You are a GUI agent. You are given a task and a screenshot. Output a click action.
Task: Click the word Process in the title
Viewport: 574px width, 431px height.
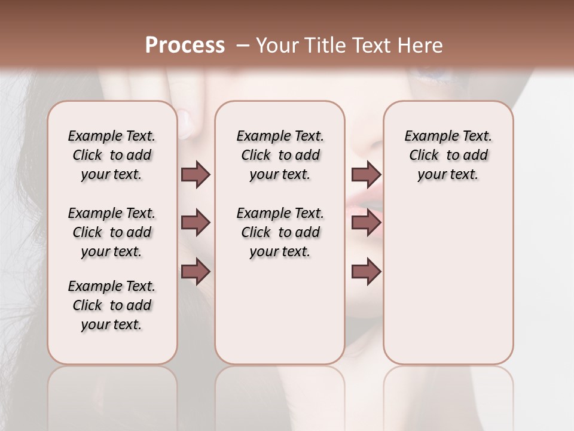tap(185, 45)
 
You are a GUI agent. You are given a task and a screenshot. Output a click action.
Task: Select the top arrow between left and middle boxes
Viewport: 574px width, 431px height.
tap(196, 174)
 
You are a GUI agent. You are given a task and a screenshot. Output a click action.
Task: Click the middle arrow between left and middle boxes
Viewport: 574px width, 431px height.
tap(196, 223)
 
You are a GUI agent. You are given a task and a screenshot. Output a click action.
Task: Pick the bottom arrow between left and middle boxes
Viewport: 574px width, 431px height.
tap(196, 272)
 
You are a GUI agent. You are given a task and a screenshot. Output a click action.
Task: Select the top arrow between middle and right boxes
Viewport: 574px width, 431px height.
tap(366, 174)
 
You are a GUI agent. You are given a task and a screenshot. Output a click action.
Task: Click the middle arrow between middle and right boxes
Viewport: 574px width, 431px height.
tap(366, 223)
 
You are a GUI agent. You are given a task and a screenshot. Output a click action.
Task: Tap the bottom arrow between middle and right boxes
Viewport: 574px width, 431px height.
tap(366, 272)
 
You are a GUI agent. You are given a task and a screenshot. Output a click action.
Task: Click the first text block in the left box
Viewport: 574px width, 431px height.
tap(112, 155)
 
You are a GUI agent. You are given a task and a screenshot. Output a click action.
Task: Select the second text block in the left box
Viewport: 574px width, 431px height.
tap(112, 232)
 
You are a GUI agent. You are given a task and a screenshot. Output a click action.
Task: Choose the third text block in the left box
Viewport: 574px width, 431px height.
tap(112, 305)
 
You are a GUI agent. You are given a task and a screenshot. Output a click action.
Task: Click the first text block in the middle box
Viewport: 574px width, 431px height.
tap(280, 155)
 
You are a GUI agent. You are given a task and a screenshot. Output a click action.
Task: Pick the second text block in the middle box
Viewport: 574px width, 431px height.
tap(280, 232)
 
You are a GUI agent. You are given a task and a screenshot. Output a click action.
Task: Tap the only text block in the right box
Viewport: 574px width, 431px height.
tap(448, 155)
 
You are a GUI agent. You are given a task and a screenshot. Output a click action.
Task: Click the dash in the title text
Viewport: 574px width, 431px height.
tap(243, 45)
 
